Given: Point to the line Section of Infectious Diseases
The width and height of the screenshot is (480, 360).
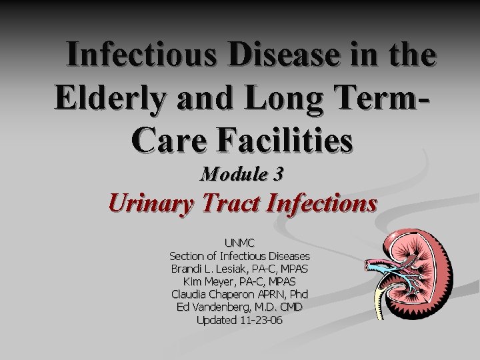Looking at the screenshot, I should [239, 256].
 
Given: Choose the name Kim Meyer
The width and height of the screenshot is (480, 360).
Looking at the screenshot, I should [207, 281].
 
